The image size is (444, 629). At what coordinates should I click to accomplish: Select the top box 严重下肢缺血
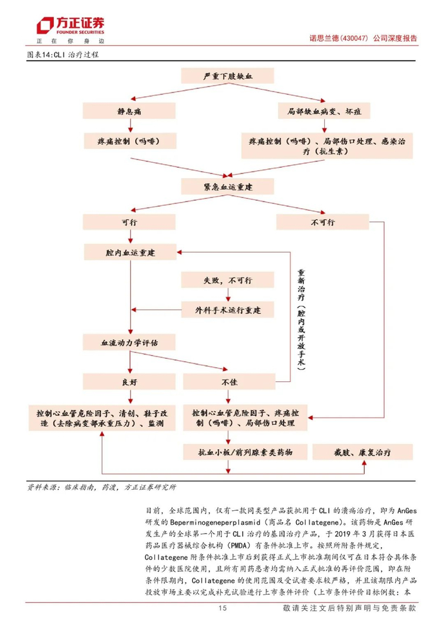click(227, 76)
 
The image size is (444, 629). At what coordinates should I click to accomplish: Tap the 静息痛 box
click(129, 111)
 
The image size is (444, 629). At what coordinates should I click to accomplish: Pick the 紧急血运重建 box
click(227, 186)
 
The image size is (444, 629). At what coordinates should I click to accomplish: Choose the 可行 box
click(129, 222)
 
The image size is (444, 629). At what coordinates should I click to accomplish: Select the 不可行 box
click(323, 222)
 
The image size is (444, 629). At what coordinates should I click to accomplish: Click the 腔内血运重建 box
click(129, 252)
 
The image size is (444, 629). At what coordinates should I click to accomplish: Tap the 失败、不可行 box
click(227, 280)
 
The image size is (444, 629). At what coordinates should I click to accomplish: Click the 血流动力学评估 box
click(129, 343)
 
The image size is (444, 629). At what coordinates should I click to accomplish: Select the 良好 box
click(129, 381)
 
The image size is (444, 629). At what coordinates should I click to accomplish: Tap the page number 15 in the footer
click(222, 608)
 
